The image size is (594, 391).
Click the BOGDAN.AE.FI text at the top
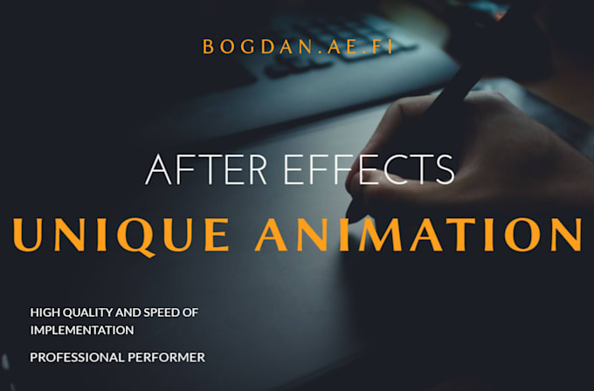(297, 46)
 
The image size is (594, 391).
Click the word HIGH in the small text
(43, 312)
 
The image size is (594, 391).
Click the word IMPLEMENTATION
(81, 330)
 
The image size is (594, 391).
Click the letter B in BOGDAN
(208, 46)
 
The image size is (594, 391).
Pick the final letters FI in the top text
(382, 46)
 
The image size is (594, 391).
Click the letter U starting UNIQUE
(28, 233)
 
